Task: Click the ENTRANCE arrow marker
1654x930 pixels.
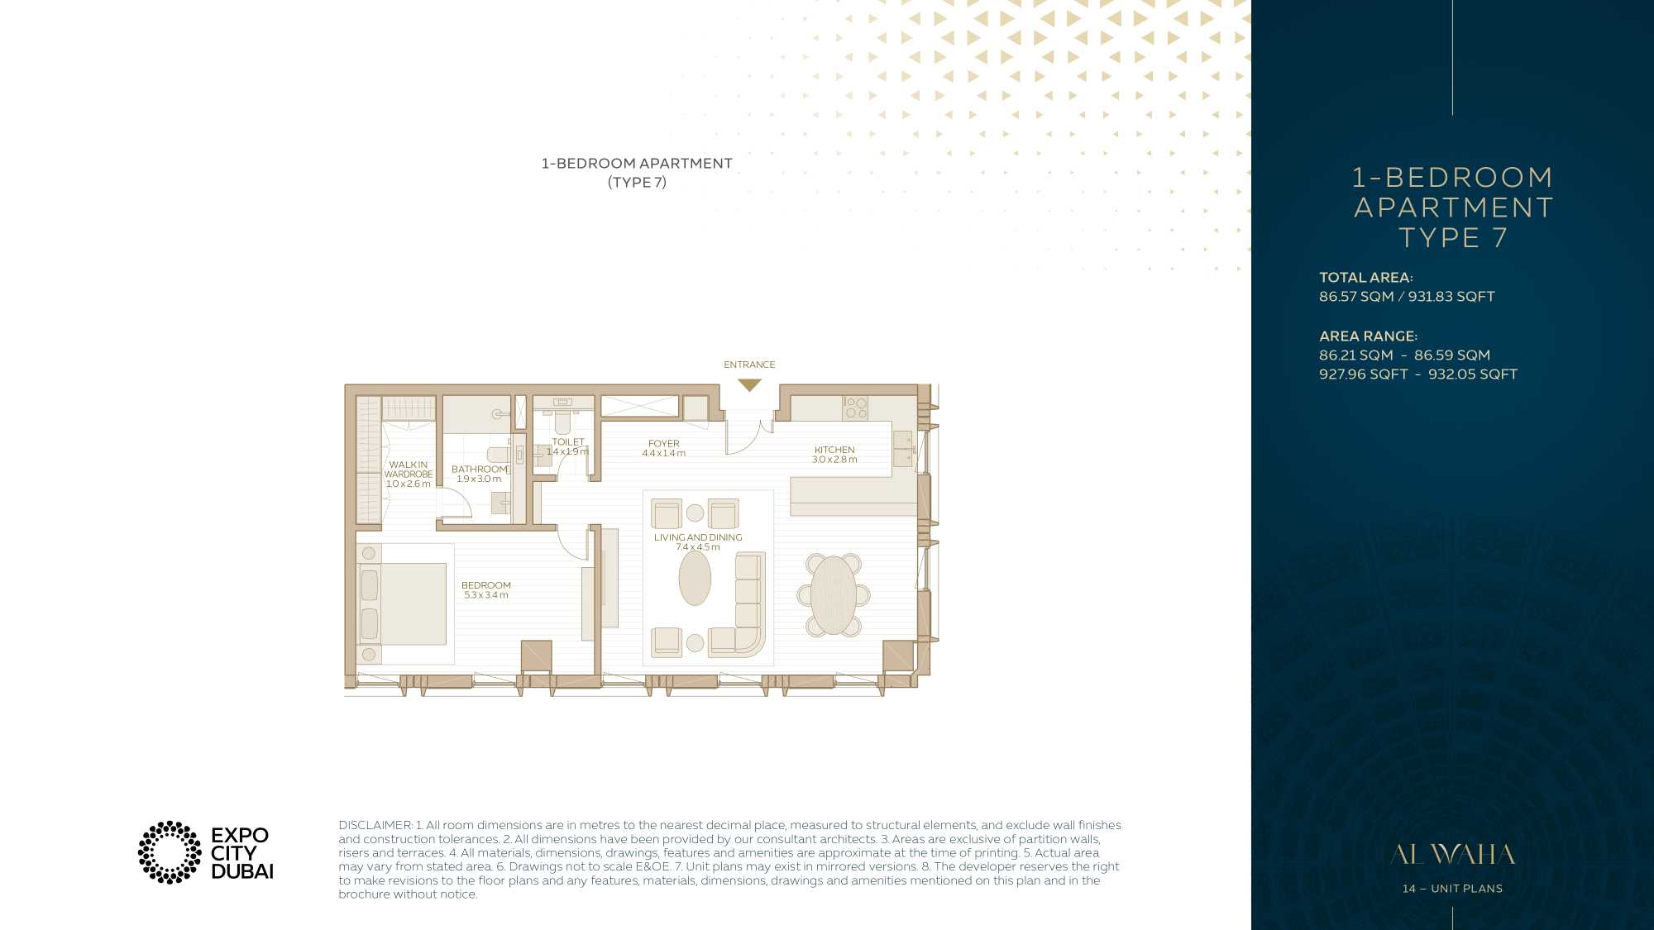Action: click(749, 385)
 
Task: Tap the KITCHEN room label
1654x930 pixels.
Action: click(834, 450)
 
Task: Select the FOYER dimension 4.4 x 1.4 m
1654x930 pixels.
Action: click(664, 453)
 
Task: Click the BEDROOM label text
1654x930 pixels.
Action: click(486, 585)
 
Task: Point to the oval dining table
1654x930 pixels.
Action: click(834, 595)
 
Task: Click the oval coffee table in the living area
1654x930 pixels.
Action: click(695, 578)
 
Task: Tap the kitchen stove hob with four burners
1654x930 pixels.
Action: click(855, 408)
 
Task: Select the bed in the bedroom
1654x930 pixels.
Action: click(403, 603)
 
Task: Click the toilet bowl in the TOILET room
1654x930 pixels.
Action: click(563, 422)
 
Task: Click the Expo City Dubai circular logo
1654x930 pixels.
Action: click(170, 852)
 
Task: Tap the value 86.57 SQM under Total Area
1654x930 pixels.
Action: click(1356, 297)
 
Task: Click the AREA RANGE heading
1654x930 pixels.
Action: click(1368, 336)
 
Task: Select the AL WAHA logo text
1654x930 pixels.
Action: click(1452, 854)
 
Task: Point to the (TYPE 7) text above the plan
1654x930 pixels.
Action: click(637, 182)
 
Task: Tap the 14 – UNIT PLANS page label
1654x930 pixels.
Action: click(1452, 889)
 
